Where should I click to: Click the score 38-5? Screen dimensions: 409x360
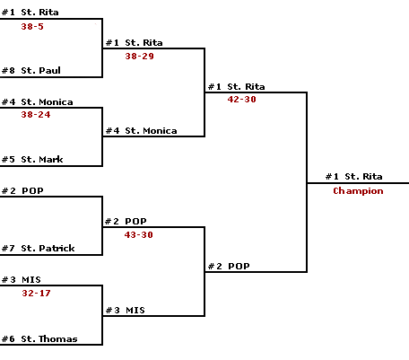click(x=32, y=27)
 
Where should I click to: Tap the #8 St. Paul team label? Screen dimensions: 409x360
click(x=31, y=70)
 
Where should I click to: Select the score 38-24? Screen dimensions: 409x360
click(x=36, y=115)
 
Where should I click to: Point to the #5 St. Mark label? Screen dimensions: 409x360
click(x=32, y=159)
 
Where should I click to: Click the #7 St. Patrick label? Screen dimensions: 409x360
click(x=38, y=248)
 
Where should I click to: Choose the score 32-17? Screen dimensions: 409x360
click(x=36, y=294)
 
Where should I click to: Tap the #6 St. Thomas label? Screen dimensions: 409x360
click(x=39, y=338)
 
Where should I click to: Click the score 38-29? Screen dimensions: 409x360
click(x=139, y=57)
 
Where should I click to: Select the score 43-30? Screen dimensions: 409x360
click(x=139, y=235)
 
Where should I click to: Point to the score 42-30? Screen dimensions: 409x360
click(x=241, y=100)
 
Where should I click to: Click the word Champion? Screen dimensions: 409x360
click(x=358, y=191)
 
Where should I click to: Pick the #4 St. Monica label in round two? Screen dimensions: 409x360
click(x=142, y=131)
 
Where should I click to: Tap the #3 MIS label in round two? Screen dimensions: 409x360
click(x=126, y=310)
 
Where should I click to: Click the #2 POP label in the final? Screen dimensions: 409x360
click(x=229, y=266)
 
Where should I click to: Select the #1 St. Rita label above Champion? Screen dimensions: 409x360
click(x=354, y=177)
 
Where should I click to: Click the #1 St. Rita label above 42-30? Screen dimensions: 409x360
click(x=237, y=87)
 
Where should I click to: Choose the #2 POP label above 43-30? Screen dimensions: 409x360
click(x=126, y=222)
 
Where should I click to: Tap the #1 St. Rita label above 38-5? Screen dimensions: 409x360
click(x=30, y=13)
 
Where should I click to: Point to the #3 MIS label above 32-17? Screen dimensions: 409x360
click(x=22, y=280)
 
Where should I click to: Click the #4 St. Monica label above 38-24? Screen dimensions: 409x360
click(x=38, y=102)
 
